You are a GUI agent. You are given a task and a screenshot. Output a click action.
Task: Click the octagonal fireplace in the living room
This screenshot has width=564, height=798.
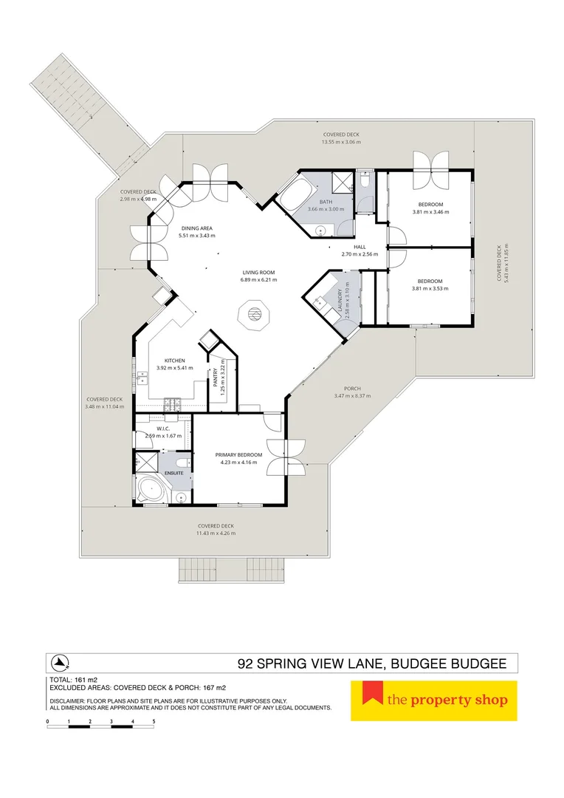click(x=254, y=316)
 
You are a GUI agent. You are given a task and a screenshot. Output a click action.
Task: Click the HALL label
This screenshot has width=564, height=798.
click(x=360, y=248)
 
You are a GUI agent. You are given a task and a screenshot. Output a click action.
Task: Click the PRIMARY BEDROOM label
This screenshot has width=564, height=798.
click(x=238, y=455)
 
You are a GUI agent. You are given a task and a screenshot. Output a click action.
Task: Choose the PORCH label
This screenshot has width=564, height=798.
click(x=352, y=389)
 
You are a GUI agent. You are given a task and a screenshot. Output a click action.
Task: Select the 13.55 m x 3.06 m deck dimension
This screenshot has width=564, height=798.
click(x=341, y=142)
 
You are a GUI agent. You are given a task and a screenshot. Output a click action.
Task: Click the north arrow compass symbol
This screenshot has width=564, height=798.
click(x=61, y=662)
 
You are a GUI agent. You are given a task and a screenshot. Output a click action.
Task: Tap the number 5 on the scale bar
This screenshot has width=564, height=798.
click(x=154, y=720)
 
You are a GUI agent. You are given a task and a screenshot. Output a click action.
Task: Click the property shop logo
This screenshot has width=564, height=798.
click(x=433, y=700)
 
